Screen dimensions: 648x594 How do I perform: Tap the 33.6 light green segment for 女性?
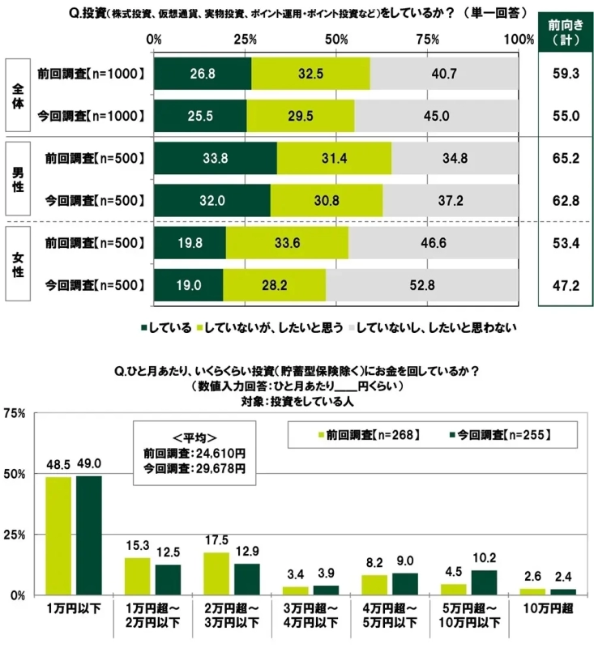pyautogui.click(x=287, y=242)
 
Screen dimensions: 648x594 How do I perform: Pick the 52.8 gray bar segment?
pyautogui.click(x=421, y=284)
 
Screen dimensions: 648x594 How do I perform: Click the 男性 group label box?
pyautogui.click(x=18, y=179)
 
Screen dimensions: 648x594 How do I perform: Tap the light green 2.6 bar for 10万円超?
pyautogui.click(x=532, y=591)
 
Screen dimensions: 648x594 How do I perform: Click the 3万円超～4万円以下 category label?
pyautogui.click(x=311, y=616)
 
